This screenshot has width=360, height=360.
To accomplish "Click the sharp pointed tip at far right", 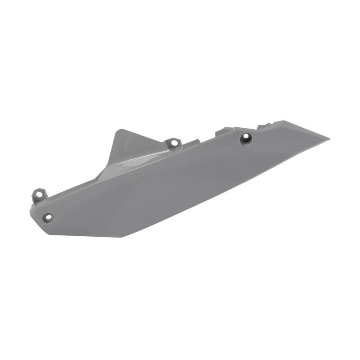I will (x=329, y=138).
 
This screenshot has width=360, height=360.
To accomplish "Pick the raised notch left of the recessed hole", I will (x=222, y=131).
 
